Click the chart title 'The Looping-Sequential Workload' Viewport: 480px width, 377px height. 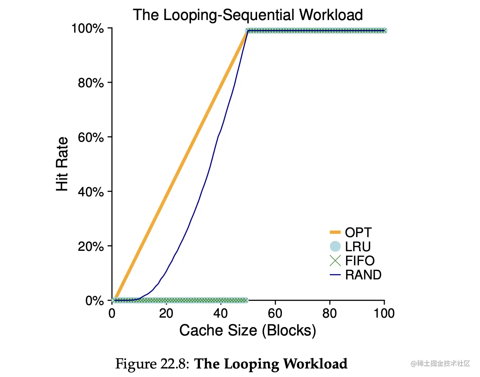(x=248, y=15)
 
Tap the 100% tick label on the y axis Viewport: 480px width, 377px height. (x=88, y=28)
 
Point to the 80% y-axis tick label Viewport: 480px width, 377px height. (x=91, y=83)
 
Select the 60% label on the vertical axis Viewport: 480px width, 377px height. (x=91, y=137)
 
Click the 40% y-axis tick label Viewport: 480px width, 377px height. (x=91, y=192)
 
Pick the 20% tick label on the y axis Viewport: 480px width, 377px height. (x=91, y=246)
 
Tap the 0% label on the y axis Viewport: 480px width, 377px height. (x=94, y=301)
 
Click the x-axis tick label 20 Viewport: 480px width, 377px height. (x=166, y=314)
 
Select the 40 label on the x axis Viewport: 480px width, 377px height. (x=220, y=314)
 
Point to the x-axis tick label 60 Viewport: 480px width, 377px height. (x=275, y=314)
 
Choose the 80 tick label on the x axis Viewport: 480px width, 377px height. (x=329, y=314)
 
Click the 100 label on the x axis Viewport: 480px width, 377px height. (x=384, y=314)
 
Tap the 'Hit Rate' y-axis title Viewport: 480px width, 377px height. (x=62, y=164)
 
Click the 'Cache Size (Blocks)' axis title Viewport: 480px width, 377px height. (x=247, y=330)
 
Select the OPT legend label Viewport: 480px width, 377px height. (x=358, y=232)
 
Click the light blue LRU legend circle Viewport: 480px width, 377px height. (x=335, y=246)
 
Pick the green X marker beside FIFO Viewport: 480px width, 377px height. (x=335, y=260)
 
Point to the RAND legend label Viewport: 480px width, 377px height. (x=363, y=275)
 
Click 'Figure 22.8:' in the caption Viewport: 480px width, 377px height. (x=152, y=364)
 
